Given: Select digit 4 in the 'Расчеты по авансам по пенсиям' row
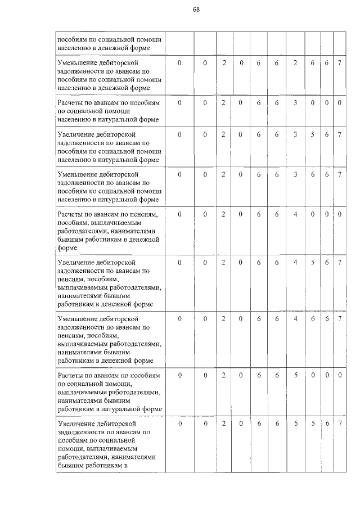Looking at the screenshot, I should click(x=295, y=214).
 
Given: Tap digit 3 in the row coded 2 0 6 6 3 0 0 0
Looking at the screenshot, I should click(x=295, y=103).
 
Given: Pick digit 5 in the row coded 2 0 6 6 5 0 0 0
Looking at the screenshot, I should click(x=295, y=374).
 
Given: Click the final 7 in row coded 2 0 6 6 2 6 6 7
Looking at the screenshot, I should click(x=340, y=63).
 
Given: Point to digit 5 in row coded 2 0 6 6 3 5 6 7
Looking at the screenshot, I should click(x=313, y=135).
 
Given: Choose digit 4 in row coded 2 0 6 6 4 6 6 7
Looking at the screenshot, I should click(x=295, y=319).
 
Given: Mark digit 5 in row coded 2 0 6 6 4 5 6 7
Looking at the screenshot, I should click(x=313, y=262).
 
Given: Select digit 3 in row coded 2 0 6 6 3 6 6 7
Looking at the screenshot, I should click(x=295, y=175).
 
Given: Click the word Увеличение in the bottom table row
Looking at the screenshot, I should click(x=75, y=422).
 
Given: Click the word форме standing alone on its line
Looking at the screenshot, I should click(x=66, y=247).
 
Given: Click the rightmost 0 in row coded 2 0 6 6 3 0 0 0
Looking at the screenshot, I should click(x=340, y=103).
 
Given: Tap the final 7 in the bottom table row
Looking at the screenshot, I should click(x=340, y=422).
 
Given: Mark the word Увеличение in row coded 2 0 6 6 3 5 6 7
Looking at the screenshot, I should click(x=75, y=135).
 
